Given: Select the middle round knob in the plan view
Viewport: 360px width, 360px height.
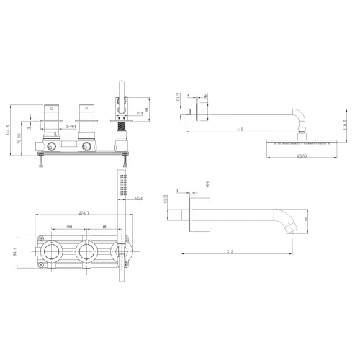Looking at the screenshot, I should (x=87, y=251).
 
